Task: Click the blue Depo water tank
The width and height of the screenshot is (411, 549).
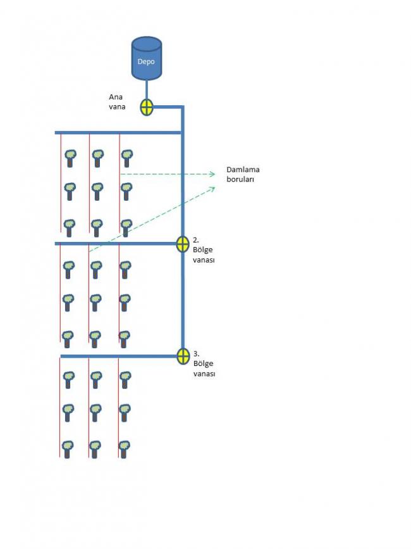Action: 147,58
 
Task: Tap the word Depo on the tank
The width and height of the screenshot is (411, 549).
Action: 146,61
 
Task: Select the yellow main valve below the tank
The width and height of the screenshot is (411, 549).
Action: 147,107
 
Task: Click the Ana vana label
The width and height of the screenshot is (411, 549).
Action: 117,102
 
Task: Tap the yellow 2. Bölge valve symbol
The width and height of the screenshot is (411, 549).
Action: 183,244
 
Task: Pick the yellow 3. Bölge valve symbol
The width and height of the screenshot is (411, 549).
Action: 183,356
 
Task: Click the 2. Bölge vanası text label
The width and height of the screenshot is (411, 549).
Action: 204,250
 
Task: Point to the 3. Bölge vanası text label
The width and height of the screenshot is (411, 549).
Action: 204,363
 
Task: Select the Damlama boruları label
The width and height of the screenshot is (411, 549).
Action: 243,174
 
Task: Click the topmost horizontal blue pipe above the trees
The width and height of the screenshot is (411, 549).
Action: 118,133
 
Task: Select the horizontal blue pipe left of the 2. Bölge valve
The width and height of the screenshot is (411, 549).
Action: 116,243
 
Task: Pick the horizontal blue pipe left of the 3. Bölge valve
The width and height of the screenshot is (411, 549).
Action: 118,357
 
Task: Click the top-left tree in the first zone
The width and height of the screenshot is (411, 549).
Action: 71,158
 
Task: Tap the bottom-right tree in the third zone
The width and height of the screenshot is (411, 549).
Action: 124,450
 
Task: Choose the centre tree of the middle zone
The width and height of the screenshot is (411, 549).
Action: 95,303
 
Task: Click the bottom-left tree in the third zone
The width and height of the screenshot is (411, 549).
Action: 67,450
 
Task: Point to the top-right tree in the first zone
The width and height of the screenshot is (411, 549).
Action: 127,158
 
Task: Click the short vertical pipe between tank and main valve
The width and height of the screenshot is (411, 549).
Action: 147,90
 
